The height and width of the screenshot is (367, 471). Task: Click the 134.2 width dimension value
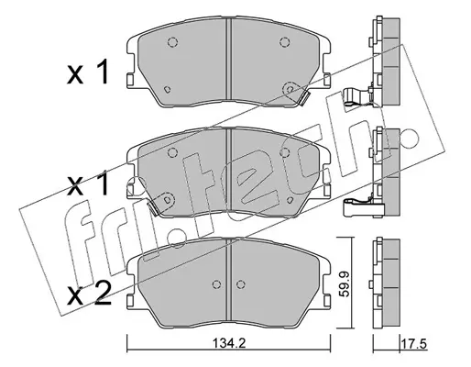point(228,344)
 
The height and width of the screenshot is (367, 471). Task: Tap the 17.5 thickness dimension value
point(414,344)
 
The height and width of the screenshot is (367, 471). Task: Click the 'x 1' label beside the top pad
point(88,72)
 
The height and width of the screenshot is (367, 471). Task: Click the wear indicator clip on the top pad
point(304,98)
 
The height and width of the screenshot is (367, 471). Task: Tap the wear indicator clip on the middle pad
point(153,208)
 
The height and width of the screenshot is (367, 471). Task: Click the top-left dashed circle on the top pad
point(172,42)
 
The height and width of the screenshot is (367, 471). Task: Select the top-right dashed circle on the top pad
point(285,42)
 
